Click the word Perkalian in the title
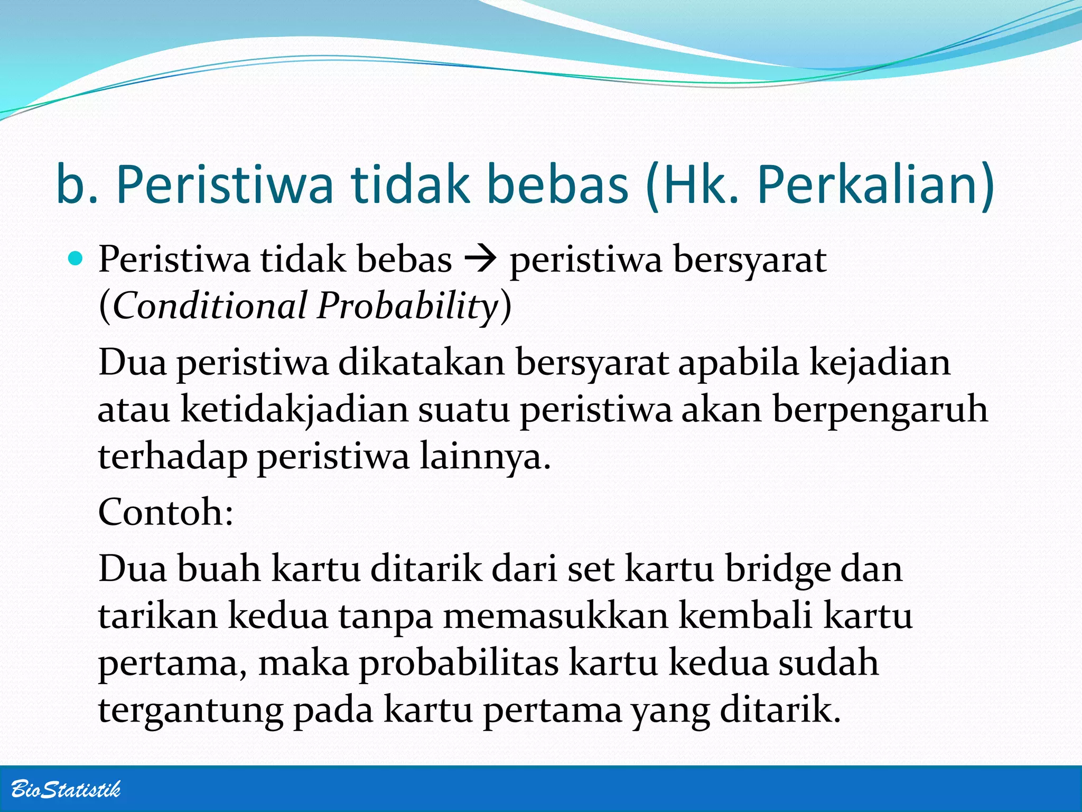(876, 185)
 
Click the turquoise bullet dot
(77, 259)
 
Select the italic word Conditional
(210, 306)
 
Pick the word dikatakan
(422, 363)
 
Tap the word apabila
(738, 363)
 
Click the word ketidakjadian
(295, 410)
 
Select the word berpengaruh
(880, 410)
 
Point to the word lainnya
(485, 456)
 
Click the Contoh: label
(166, 512)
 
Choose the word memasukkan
(555, 616)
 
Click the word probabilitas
(459, 663)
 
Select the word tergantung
(191, 710)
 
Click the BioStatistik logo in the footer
(66, 789)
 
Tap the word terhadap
(172, 456)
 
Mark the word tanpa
(386, 616)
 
